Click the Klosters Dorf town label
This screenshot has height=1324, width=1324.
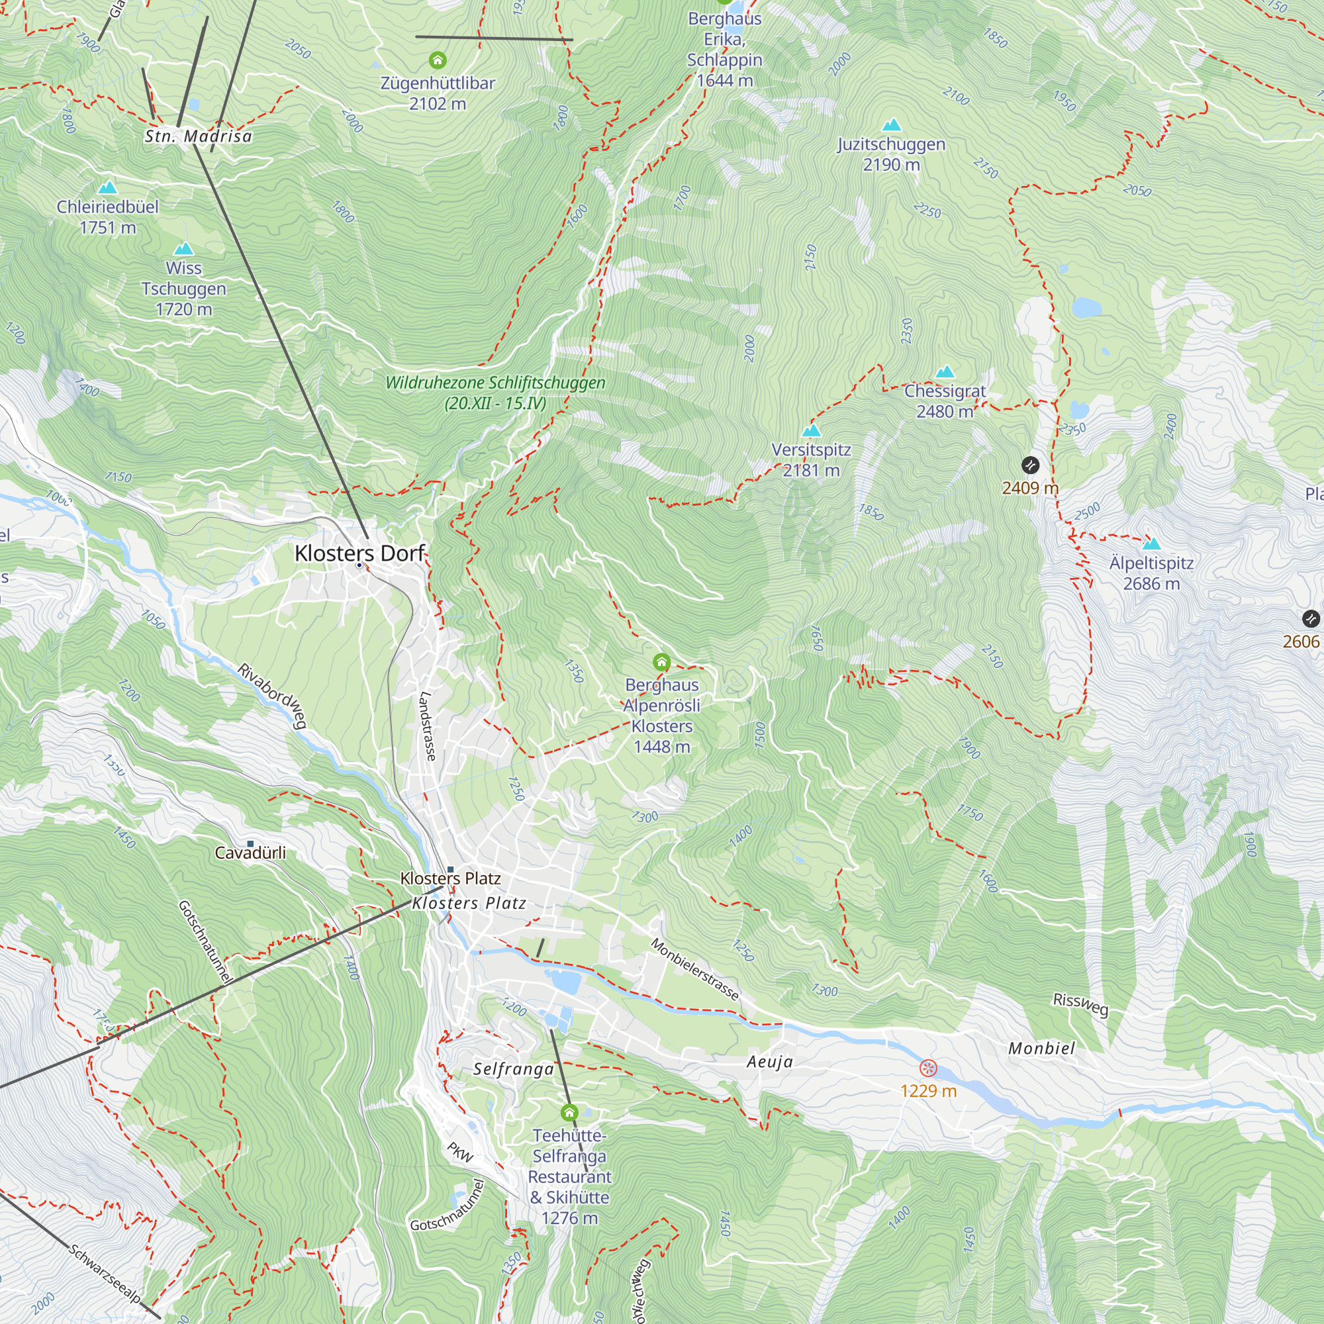(359, 553)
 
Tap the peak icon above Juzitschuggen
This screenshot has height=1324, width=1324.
(891, 124)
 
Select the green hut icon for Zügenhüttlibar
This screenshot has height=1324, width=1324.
(437, 60)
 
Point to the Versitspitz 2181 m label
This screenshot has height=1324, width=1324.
(811, 460)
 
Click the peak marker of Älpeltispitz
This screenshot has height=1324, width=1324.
(1151, 544)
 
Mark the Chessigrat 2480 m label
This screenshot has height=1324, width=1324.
(945, 401)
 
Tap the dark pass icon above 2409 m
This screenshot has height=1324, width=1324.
(1030, 465)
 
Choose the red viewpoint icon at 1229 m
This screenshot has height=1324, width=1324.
(928, 1068)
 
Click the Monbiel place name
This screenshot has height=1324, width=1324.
(1041, 1049)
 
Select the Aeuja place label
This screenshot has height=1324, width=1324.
(770, 1062)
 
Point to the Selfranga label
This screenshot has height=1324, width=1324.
(513, 1069)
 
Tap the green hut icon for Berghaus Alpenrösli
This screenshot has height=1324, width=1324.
(661, 662)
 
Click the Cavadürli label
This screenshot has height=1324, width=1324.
(250, 853)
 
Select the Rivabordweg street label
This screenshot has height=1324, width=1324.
(272, 696)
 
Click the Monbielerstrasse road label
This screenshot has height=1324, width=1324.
(694, 970)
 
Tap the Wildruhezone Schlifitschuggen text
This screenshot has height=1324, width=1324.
(495, 392)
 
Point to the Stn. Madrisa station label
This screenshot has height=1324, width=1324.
(198, 136)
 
